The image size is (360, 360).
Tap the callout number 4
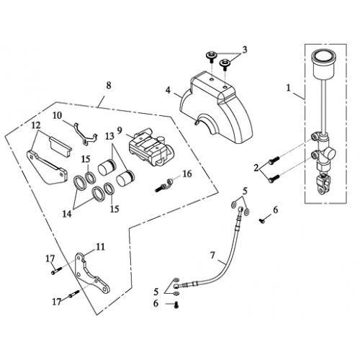coord(167,91)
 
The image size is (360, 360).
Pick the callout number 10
coord(58,115)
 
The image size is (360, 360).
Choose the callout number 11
coord(100,246)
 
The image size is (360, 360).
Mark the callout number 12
coord(35,123)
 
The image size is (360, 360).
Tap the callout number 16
coord(186,174)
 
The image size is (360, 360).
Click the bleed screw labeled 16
coord(163,185)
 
